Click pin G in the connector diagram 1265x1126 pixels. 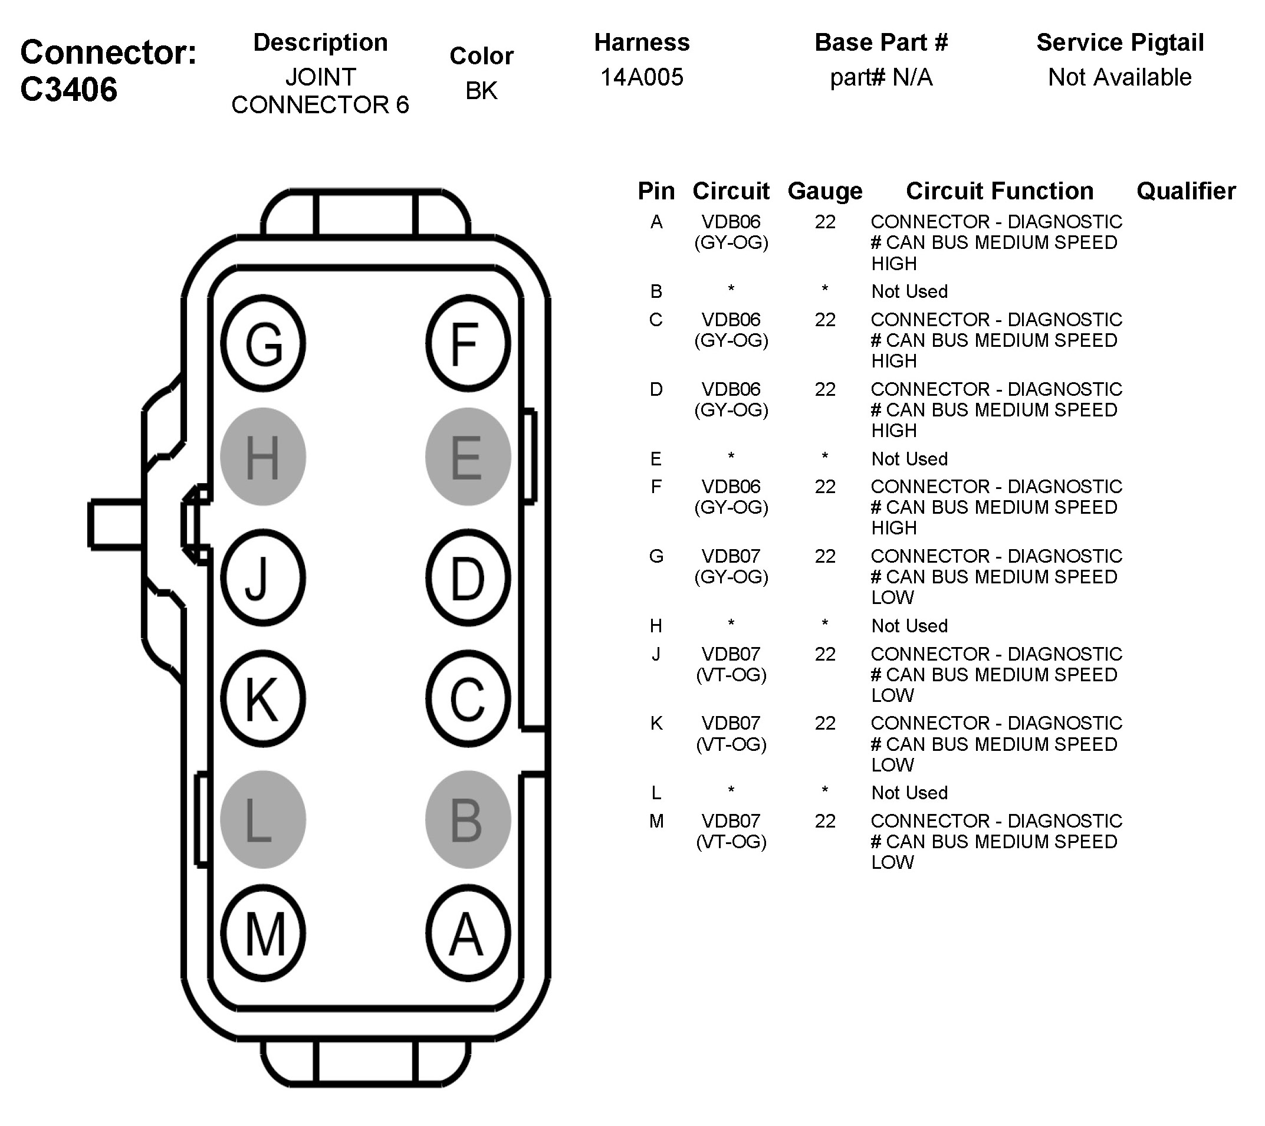tap(263, 343)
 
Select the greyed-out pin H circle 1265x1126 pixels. tap(263, 457)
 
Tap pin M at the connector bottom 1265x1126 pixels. tap(263, 934)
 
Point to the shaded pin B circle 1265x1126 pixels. tap(468, 820)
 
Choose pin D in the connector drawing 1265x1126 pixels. tap(468, 578)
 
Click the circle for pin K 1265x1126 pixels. tap(263, 699)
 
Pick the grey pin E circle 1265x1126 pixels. tap(468, 457)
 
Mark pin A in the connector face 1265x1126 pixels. tap(468, 934)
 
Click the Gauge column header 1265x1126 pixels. tap(825, 191)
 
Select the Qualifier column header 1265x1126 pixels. tap(1186, 191)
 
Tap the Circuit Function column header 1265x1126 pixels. tap(1000, 191)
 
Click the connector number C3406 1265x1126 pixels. tap(68, 90)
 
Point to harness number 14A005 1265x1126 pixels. tap(642, 77)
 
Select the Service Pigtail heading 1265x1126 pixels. tap(1119, 42)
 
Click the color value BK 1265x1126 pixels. tap(481, 91)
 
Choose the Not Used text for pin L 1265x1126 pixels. tap(909, 793)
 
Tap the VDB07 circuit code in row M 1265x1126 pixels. tap(731, 822)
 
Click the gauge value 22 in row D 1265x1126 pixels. tap(825, 389)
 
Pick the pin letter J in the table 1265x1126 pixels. tap(656, 654)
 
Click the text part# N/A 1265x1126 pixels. tap(880, 77)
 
